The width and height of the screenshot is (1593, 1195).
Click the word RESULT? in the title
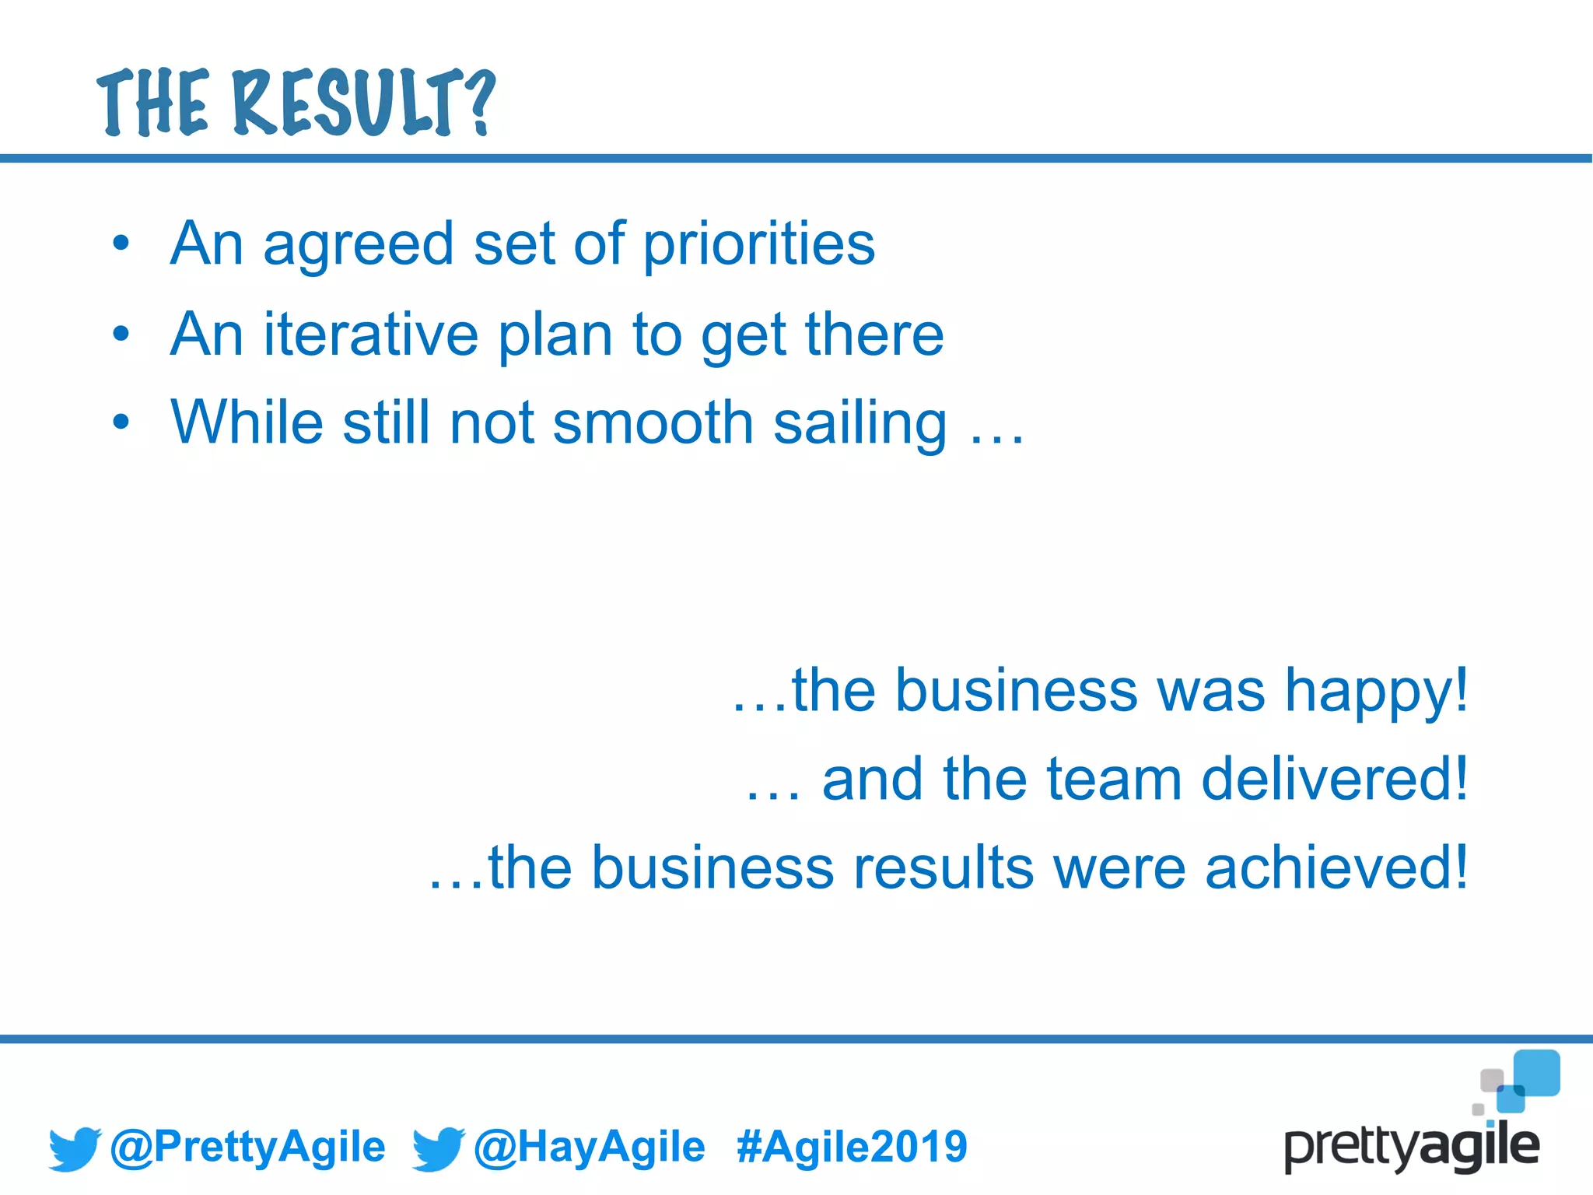click(x=364, y=103)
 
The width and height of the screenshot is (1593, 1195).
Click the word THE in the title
click(x=153, y=103)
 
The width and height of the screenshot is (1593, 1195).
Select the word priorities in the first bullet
click(x=759, y=245)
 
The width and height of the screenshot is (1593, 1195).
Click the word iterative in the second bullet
click(x=371, y=335)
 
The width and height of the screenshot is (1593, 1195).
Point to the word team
click(x=1114, y=780)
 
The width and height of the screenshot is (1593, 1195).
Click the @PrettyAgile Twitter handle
click(x=247, y=1147)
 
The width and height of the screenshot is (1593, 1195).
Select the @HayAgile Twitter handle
click(x=589, y=1147)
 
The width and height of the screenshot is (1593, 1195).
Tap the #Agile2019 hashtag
click(x=852, y=1147)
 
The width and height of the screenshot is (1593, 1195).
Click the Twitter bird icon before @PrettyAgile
click(x=75, y=1148)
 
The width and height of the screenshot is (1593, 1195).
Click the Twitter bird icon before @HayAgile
click(x=438, y=1148)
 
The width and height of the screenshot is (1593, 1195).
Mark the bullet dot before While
click(x=121, y=422)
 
